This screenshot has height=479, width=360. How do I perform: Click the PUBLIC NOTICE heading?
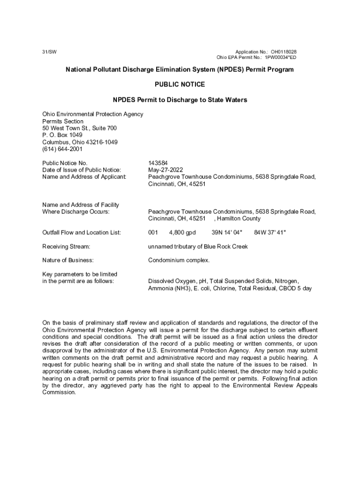pos(180,85)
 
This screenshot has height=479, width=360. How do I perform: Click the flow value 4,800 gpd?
pos(182,232)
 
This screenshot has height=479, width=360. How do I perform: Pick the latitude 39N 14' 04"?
pos(227,232)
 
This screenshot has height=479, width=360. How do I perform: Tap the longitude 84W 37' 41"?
pos(270,232)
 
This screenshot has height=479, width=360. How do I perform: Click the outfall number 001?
pos(153,232)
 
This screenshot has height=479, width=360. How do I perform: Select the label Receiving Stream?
pos(66,246)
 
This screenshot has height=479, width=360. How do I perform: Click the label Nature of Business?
pos(68,260)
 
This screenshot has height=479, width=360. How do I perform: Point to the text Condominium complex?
pos(179,260)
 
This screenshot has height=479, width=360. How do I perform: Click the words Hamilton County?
pos(239,218)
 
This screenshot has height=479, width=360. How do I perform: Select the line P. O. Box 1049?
pos(62,135)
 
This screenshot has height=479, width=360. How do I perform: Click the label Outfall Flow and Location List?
pos(82,232)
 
